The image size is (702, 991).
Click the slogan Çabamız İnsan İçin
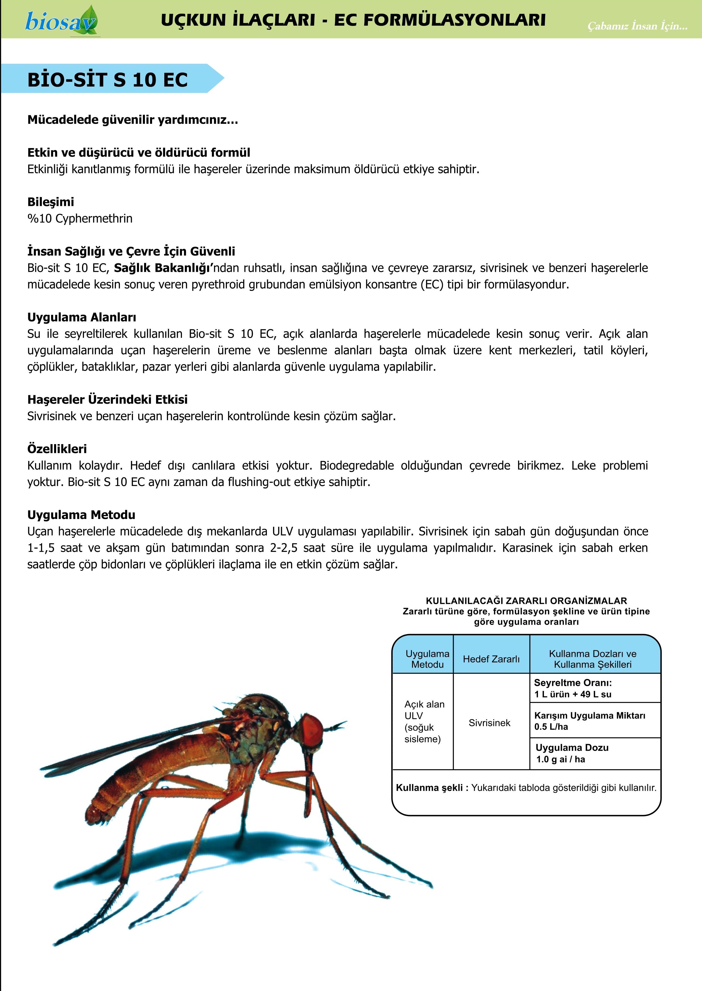tap(637, 26)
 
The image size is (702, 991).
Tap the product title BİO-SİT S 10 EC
tap(108, 80)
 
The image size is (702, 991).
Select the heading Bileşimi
tap(51, 202)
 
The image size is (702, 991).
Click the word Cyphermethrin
tap(94, 219)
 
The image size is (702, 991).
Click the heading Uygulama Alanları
tap(82, 317)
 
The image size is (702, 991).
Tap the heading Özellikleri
tap(57, 449)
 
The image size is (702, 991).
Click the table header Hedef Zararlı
tap(491, 659)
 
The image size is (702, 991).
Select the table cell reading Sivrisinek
tap(489, 723)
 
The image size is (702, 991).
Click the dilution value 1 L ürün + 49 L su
tap(573, 694)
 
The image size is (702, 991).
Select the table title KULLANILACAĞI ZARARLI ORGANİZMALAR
tap(526, 600)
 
